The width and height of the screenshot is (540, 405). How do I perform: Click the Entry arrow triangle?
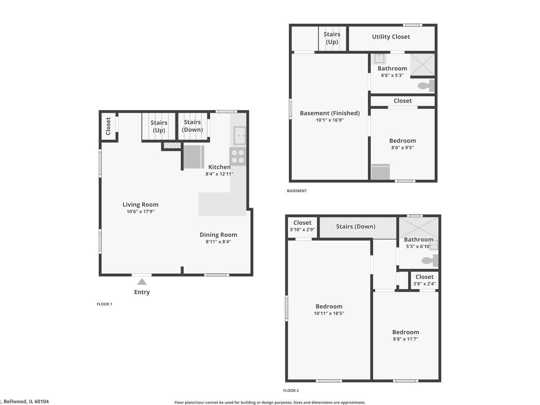142,282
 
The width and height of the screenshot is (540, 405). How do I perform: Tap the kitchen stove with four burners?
238,156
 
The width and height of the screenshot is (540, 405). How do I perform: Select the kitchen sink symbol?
239,135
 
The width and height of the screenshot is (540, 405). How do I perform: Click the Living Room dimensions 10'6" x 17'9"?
141,211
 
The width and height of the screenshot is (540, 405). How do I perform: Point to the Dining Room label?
218,235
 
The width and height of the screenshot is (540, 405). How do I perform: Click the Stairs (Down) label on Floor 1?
192,126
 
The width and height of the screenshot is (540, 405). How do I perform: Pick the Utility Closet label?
390,37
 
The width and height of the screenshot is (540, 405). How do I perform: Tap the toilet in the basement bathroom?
426,86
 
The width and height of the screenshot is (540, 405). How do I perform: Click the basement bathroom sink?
380,58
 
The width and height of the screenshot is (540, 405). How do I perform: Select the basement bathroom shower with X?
422,64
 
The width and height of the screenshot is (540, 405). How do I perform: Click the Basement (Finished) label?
329,113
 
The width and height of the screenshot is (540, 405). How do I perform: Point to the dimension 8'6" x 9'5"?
402,148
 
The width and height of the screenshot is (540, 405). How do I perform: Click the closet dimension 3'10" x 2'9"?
302,229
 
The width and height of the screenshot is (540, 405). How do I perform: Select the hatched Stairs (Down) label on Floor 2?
355,226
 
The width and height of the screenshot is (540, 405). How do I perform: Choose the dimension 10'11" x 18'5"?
329,313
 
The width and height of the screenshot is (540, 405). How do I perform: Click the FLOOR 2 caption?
291,390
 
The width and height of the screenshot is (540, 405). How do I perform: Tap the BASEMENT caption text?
296,191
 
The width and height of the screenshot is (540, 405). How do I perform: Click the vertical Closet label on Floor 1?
108,126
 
